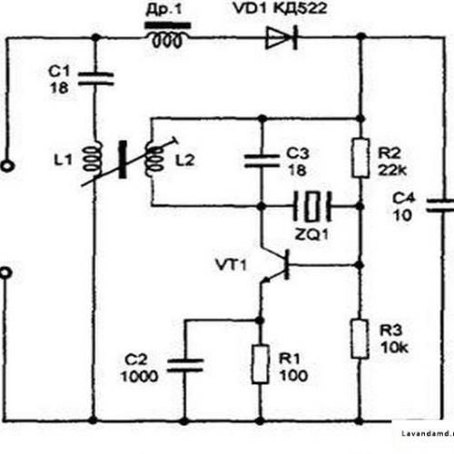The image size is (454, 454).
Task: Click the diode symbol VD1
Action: [x=281, y=37]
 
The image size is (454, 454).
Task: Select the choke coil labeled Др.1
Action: [x=168, y=35]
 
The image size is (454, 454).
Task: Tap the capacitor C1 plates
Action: [x=95, y=79]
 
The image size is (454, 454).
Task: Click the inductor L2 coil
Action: [x=154, y=160]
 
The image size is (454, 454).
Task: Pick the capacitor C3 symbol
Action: [x=262, y=161]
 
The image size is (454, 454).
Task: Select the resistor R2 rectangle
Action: [x=360, y=158]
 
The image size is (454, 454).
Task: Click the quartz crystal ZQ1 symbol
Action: [x=311, y=206]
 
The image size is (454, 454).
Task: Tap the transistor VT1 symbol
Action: [x=275, y=265]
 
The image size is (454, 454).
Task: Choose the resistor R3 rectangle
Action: [x=360, y=339]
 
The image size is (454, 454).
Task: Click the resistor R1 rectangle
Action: [x=260, y=364]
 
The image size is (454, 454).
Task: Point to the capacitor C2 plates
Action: [x=185, y=365]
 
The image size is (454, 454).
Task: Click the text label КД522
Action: [x=301, y=8]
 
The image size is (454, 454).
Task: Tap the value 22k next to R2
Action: [x=392, y=171]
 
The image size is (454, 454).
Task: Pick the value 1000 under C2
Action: [x=139, y=377]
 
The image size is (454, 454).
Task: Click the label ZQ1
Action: [x=311, y=234]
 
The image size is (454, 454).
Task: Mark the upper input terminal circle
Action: [x=6, y=166]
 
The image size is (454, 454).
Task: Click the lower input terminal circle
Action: [x=5, y=272]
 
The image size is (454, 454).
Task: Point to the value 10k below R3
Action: [x=394, y=348]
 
